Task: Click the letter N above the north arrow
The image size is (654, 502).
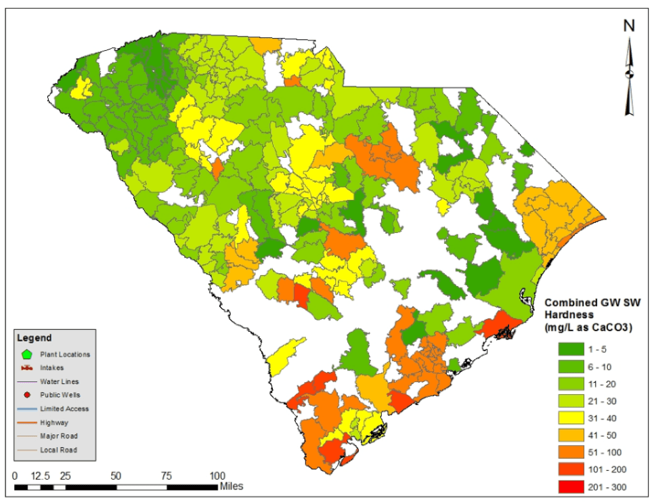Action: (629, 26)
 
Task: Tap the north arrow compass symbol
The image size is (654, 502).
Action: (629, 75)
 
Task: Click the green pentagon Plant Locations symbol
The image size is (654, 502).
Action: (27, 354)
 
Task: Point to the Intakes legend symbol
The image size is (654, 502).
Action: (27, 368)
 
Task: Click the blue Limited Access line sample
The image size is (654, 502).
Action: (27, 409)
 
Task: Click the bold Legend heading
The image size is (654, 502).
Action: (34, 337)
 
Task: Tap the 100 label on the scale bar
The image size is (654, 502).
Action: (217, 475)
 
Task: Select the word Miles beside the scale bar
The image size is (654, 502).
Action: (231, 486)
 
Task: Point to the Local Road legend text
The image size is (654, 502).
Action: (58, 450)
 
